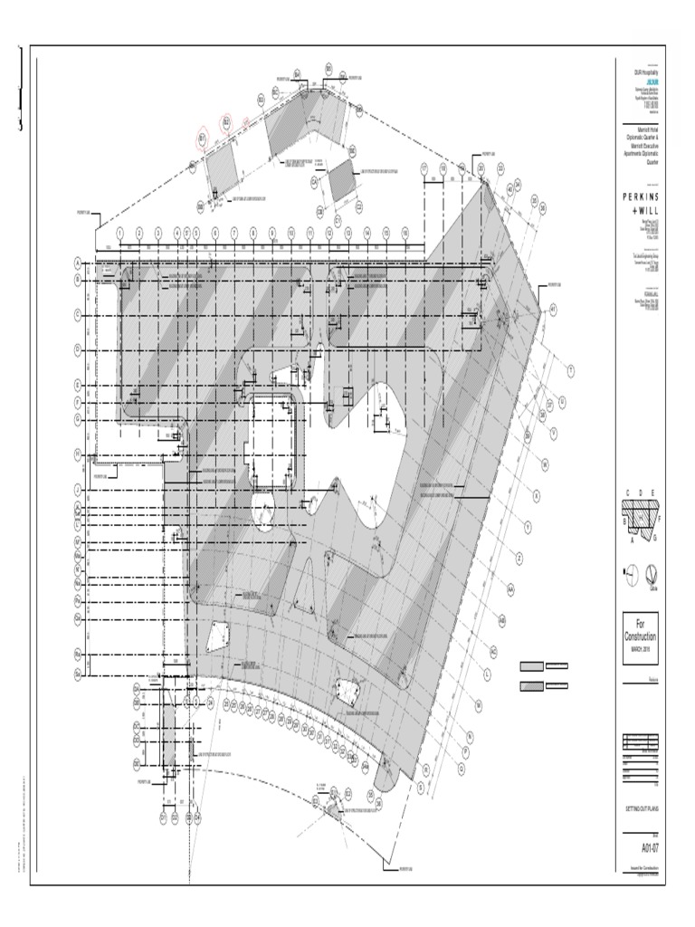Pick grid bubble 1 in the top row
(119, 233)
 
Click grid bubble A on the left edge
(78, 263)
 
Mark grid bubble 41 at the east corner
(552, 308)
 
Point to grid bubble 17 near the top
(424, 168)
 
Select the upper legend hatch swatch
(532, 667)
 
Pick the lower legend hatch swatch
(532, 685)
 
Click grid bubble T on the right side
(571, 369)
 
